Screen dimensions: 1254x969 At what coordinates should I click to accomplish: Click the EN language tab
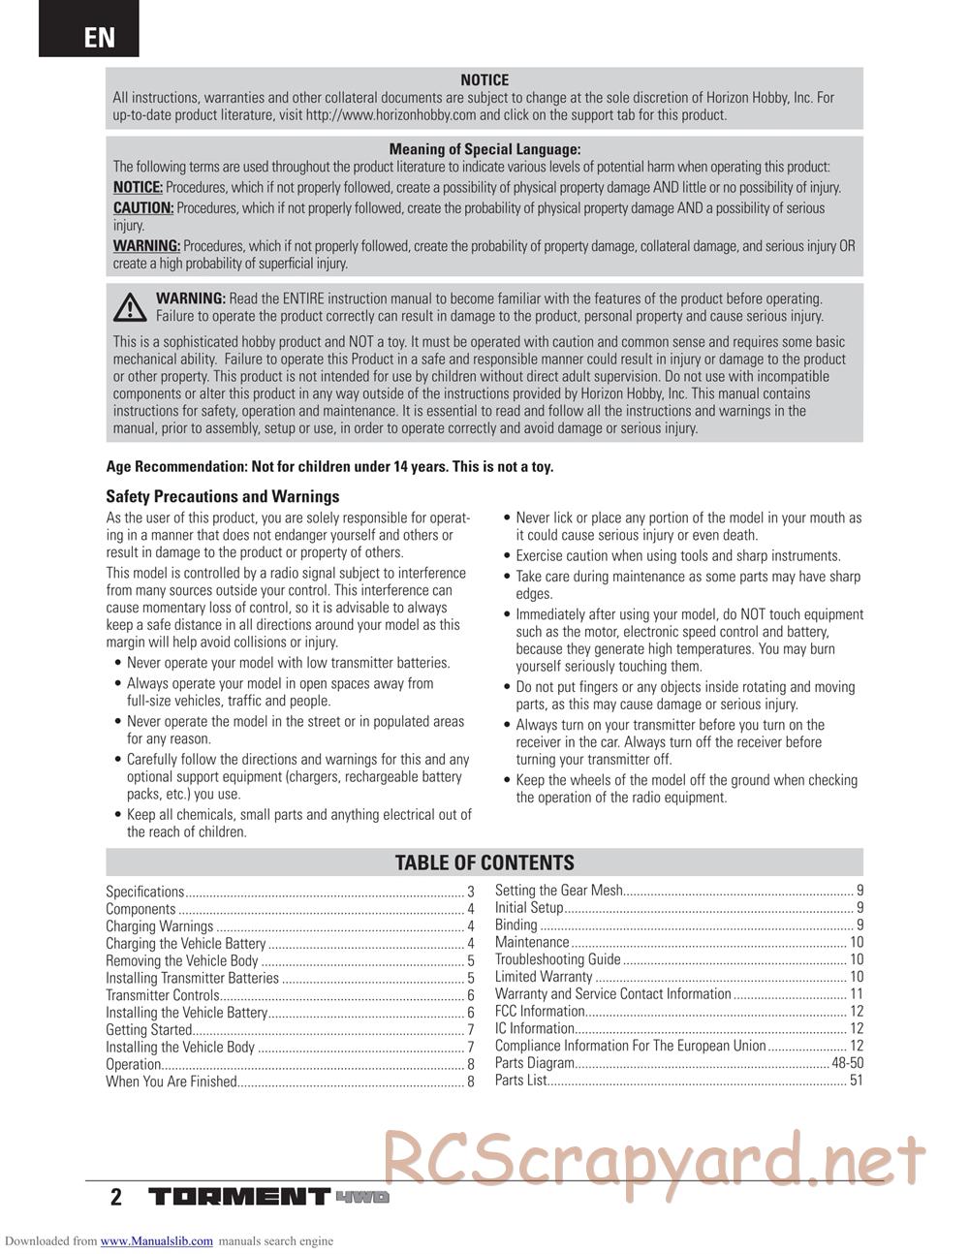click(x=99, y=38)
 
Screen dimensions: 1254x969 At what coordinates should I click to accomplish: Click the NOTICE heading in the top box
click(x=484, y=80)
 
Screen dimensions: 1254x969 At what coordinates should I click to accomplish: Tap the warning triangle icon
click(x=128, y=306)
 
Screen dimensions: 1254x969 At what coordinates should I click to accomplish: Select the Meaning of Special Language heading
click(x=484, y=149)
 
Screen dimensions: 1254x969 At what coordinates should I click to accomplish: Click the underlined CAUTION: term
click(x=143, y=208)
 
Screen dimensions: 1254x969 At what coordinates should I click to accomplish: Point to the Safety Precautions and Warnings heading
click(x=222, y=496)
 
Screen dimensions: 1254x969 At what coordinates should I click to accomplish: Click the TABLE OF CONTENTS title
click(x=484, y=862)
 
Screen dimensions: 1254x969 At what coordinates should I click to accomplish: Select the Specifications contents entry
click(x=145, y=892)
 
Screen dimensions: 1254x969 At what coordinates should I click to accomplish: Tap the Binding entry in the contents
click(x=516, y=925)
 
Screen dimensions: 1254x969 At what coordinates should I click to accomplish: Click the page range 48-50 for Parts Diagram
click(x=847, y=1063)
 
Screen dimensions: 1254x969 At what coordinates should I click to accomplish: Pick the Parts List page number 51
click(x=856, y=1081)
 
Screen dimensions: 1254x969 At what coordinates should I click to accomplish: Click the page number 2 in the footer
click(x=116, y=1197)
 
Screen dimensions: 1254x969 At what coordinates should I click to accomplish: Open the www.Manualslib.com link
click(x=156, y=1240)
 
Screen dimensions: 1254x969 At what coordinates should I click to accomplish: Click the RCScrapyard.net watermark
click(x=654, y=1157)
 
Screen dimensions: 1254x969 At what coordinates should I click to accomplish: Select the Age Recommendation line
click(x=329, y=466)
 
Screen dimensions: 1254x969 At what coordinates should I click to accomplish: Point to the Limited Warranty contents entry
click(x=544, y=977)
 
